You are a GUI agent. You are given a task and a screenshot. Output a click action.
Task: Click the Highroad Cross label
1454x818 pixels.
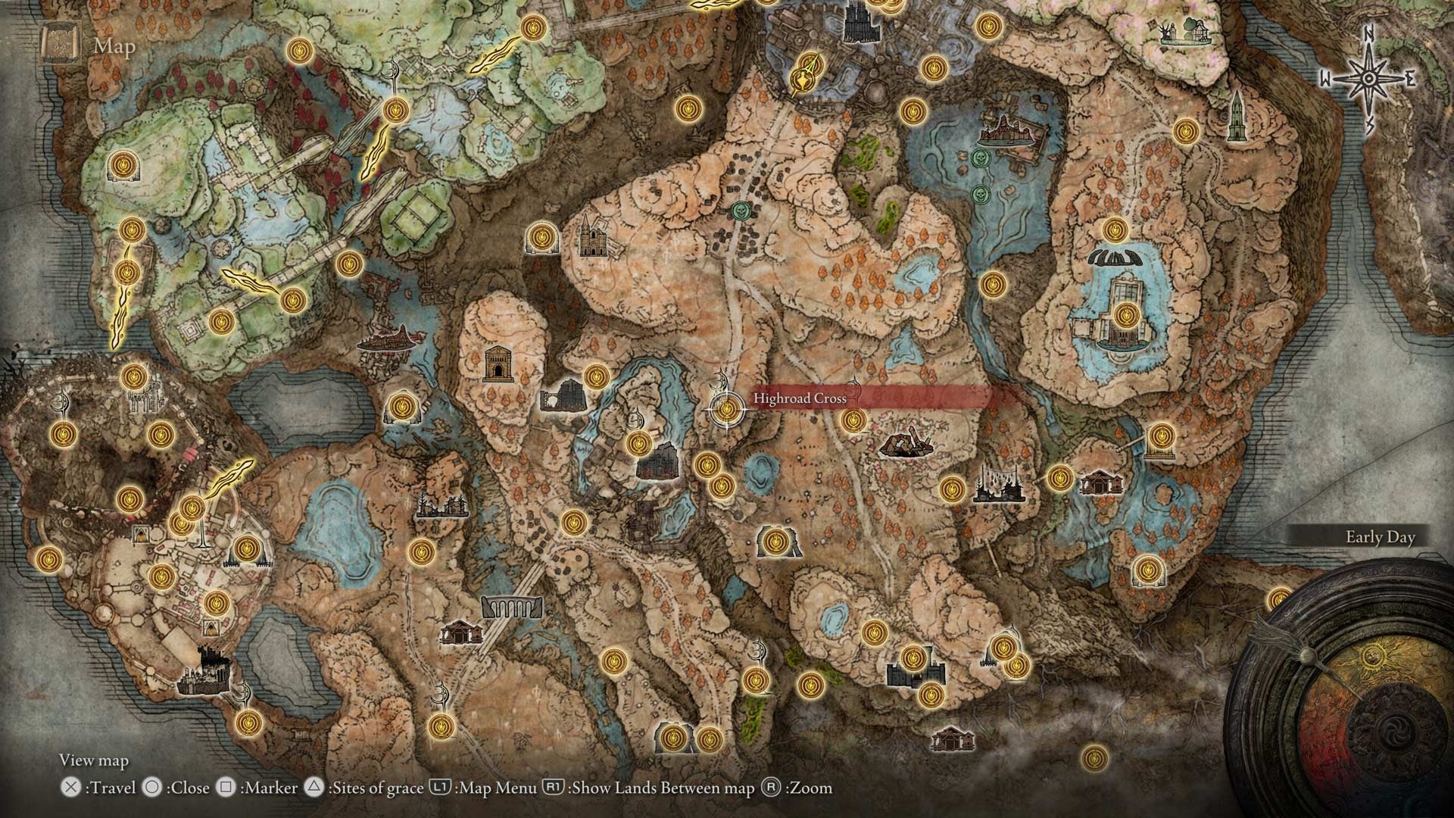[800, 398]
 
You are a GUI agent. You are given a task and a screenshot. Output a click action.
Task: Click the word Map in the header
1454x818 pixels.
[115, 46]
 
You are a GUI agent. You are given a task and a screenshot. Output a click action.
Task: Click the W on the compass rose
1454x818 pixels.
[1325, 79]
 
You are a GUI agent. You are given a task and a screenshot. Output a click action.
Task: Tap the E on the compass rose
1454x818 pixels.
[1410, 79]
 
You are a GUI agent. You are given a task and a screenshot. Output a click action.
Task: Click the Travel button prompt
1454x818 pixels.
[98, 788]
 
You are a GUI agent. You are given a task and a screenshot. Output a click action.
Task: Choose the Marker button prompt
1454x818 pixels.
[257, 788]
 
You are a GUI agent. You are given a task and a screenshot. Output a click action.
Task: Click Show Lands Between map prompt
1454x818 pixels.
[649, 788]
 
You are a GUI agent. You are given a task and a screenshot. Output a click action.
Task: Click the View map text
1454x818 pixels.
[94, 760]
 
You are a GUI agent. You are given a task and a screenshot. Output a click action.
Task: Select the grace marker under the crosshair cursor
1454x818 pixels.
[727, 410]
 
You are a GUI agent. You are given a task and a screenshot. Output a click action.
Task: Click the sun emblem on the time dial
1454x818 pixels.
[1368, 657]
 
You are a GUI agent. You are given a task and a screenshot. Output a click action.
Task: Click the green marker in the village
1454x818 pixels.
[742, 208]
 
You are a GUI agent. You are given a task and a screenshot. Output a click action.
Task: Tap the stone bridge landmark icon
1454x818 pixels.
[511, 607]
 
